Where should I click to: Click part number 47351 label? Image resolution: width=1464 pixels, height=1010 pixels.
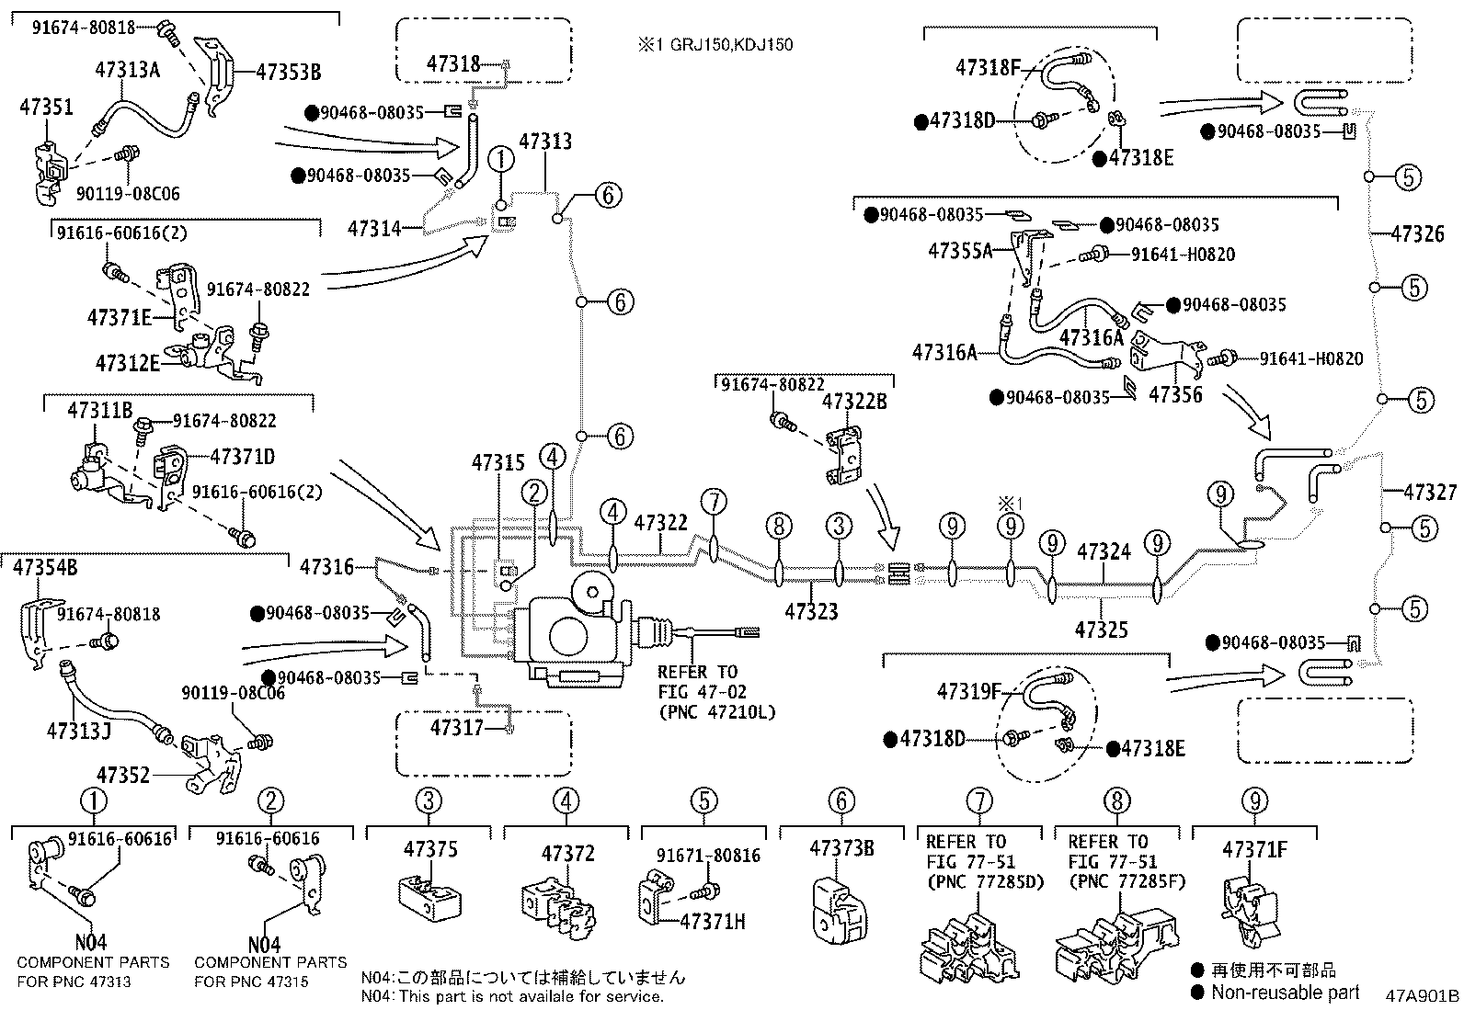46,107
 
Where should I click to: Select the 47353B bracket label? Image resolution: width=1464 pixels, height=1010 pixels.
288,72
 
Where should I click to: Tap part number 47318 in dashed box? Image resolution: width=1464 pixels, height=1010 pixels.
453,63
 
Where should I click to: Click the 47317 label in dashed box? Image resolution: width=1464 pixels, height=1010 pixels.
457,728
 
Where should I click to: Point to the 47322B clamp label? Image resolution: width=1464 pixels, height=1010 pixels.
854,401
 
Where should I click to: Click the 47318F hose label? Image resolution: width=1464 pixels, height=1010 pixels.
989,67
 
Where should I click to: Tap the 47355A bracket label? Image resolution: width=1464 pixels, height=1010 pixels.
960,250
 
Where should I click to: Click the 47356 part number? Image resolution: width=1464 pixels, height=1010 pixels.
1176,395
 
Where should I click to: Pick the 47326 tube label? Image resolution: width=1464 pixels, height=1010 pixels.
1417,233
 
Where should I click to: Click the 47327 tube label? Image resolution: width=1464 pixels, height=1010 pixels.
1430,493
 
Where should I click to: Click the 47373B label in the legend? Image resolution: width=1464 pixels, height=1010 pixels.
841,849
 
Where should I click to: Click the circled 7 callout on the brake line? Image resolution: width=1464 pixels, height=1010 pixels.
714,502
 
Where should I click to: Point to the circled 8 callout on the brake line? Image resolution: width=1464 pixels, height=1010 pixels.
778,526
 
